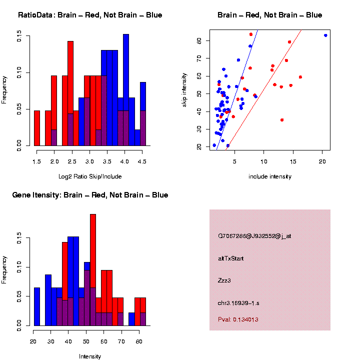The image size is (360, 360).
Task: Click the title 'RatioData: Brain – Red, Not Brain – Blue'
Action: pyautogui.click(x=90, y=15)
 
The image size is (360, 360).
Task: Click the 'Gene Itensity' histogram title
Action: pyautogui.click(x=90, y=195)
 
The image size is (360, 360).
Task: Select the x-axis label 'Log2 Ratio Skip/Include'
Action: pyautogui.click(x=90, y=176)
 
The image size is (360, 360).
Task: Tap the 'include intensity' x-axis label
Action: pyautogui.click(x=270, y=176)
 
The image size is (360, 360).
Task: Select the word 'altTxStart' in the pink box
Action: pyautogui.click(x=231, y=258)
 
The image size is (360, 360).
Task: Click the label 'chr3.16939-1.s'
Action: pyautogui.click(x=238, y=303)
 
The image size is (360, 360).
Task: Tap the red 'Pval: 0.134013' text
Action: pyautogui.click(x=238, y=319)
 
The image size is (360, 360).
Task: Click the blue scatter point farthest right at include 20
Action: pyautogui.click(x=325, y=35)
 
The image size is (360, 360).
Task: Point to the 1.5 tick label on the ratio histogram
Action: pyautogui.click(x=36, y=161)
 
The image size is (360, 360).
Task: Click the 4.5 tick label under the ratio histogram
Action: pyautogui.click(x=142, y=161)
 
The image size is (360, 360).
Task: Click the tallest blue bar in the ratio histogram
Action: pyautogui.click(x=126, y=90)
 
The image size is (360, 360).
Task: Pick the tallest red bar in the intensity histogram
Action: pyautogui.click(x=93, y=250)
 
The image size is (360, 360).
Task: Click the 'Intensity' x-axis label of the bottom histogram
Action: pyautogui.click(x=90, y=356)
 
